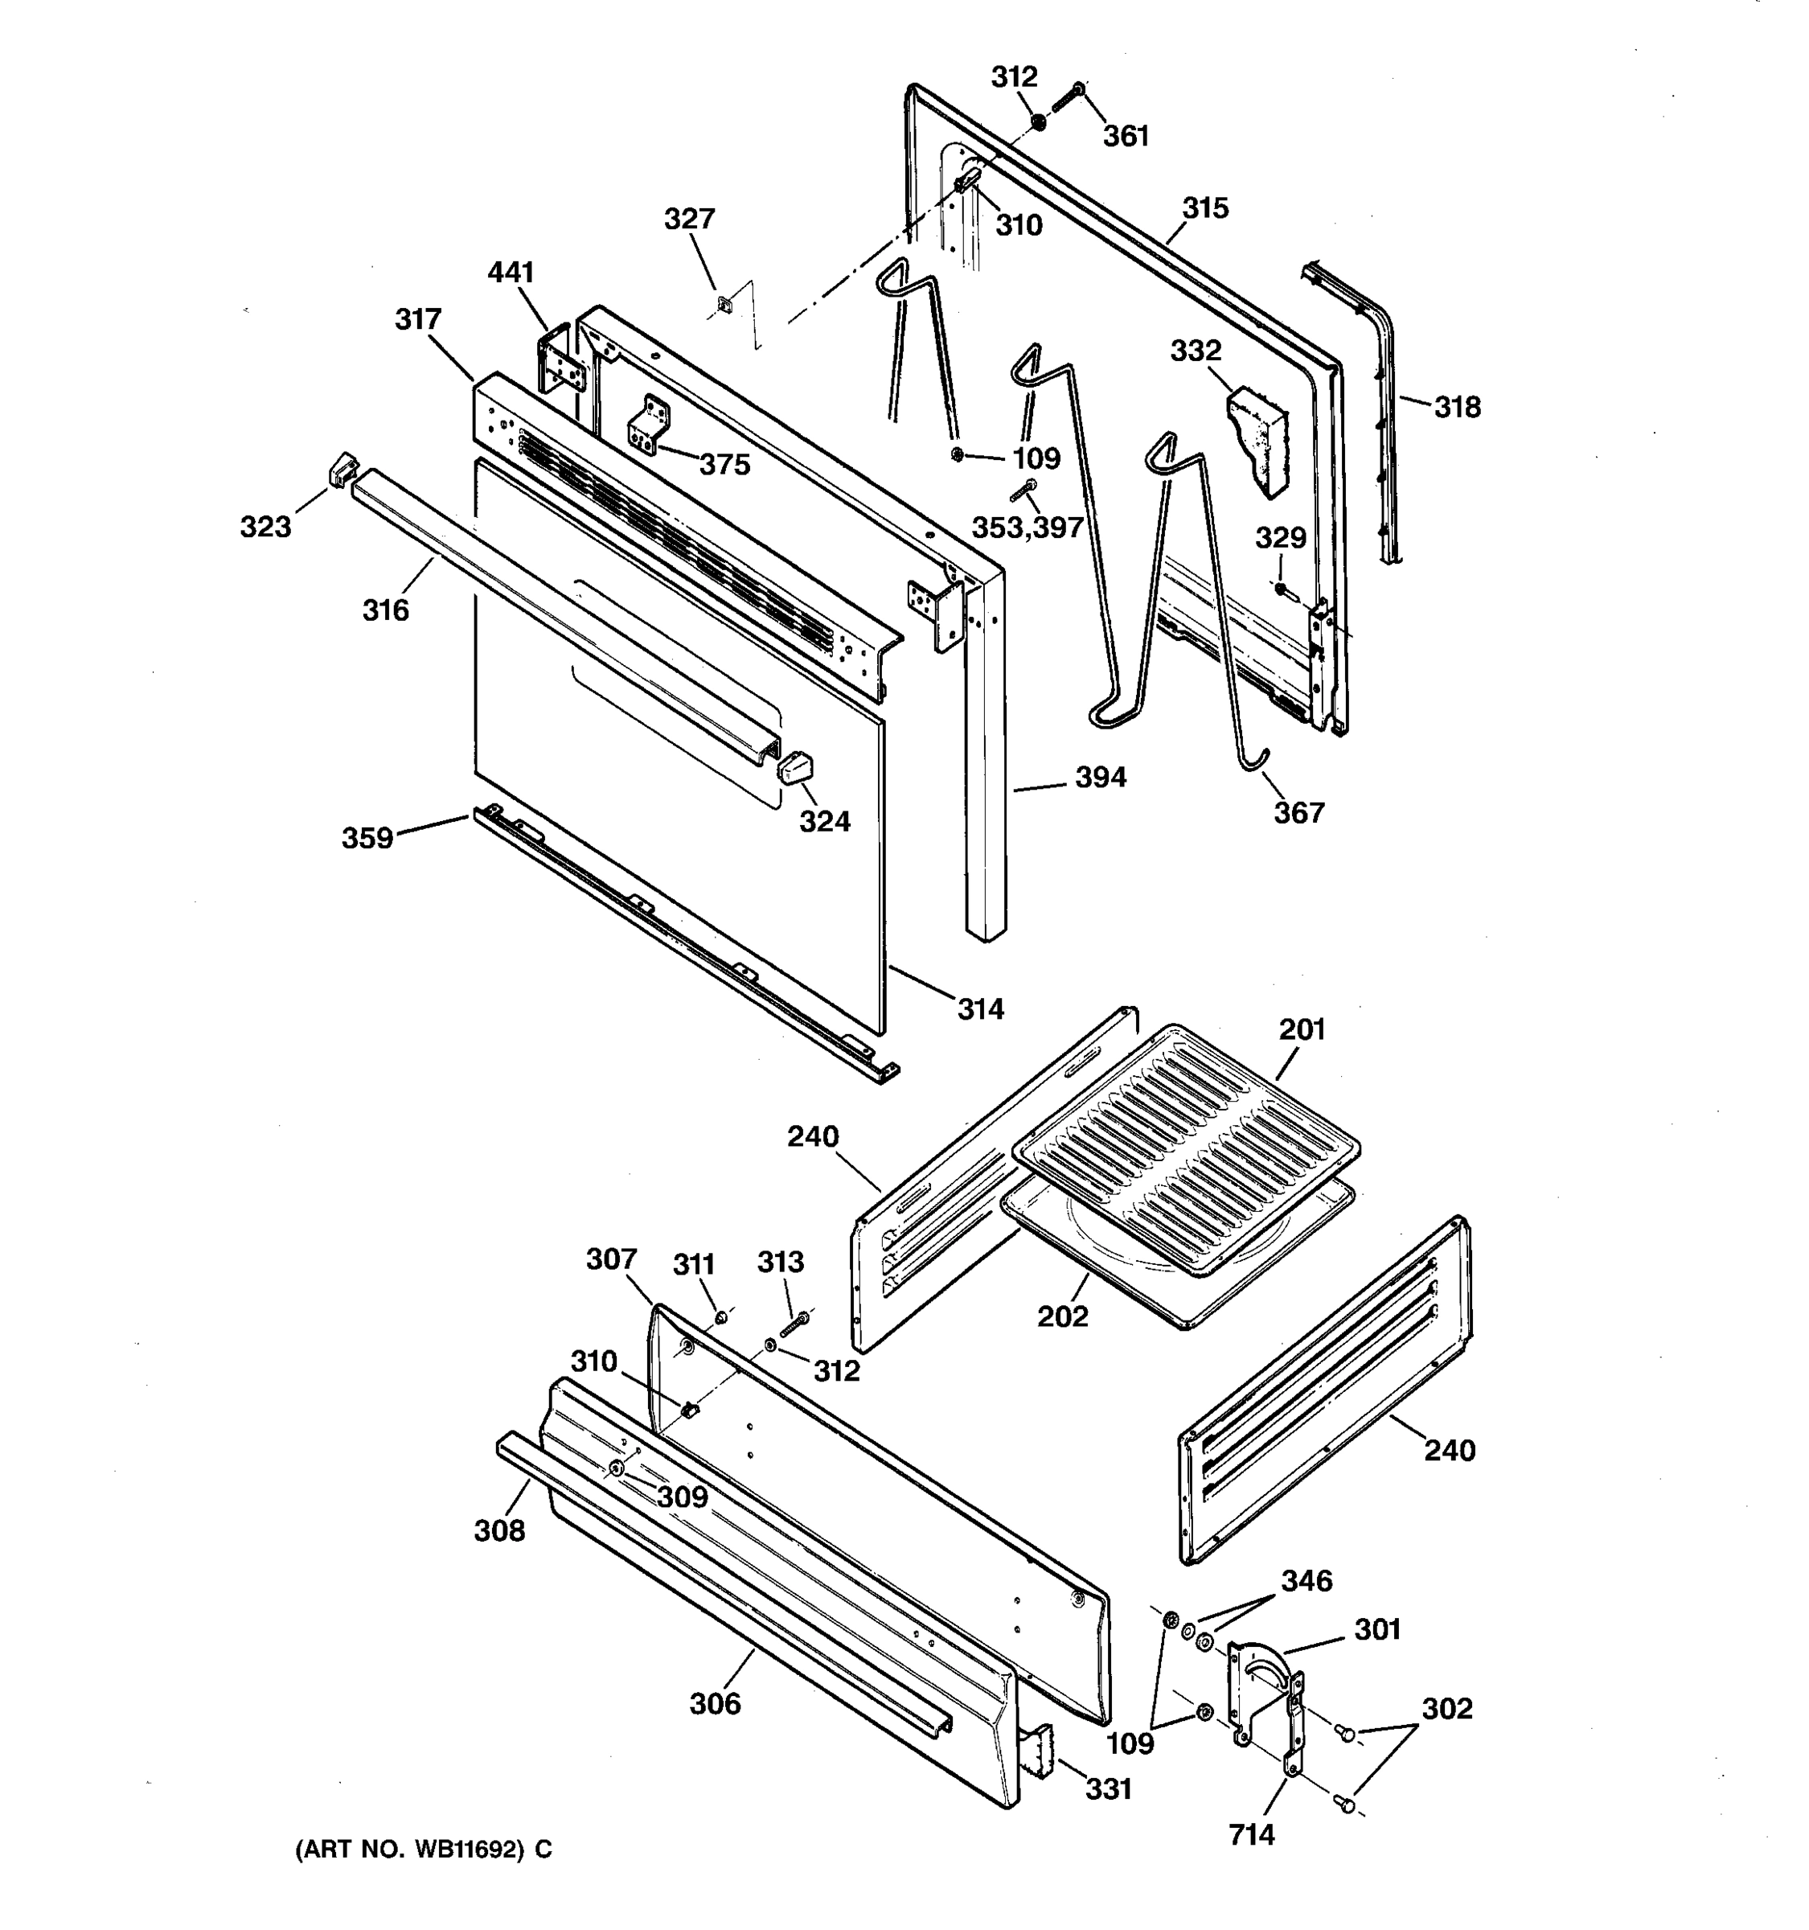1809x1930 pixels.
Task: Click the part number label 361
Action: tap(1126, 136)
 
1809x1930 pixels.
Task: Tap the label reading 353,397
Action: tap(1028, 528)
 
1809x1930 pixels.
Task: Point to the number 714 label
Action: tap(1251, 1835)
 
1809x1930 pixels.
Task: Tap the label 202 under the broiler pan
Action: tap(1063, 1316)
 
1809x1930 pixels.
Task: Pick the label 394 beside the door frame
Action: tap(1101, 777)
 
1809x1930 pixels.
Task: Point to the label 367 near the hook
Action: tap(1298, 811)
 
